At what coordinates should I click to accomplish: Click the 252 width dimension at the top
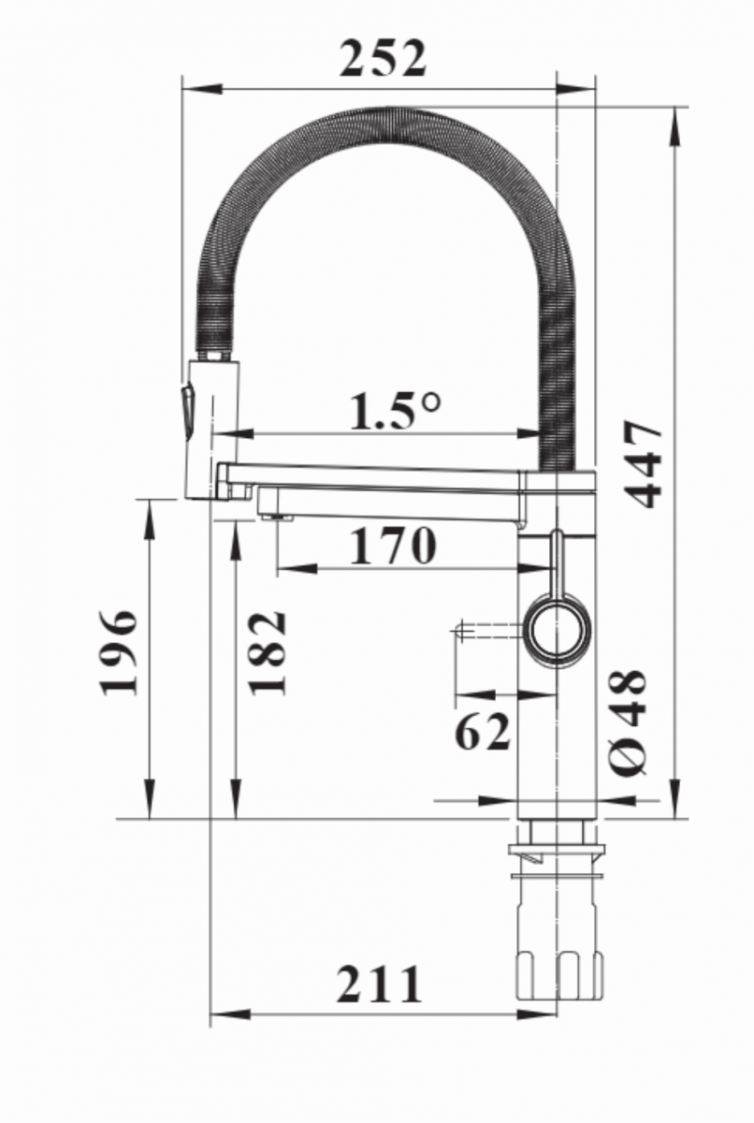pyautogui.click(x=383, y=59)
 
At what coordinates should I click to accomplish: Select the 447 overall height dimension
pyautogui.click(x=645, y=464)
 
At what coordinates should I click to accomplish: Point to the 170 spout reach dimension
pyautogui.click(x=392, y=545)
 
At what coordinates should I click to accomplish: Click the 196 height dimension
pyautogui.click(x=119, y=654)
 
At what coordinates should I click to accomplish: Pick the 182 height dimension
pyautogui.click(x=268, y=653)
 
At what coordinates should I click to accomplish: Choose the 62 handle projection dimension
pyautogui.click(x=483, y=732)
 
